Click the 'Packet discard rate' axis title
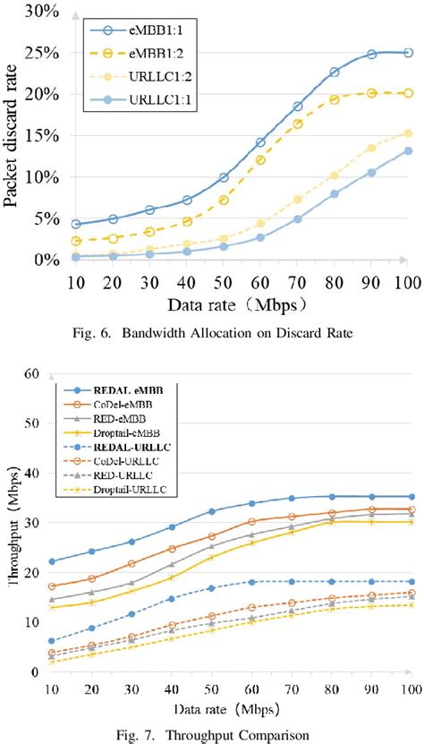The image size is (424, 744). click(x=13, y=134)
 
